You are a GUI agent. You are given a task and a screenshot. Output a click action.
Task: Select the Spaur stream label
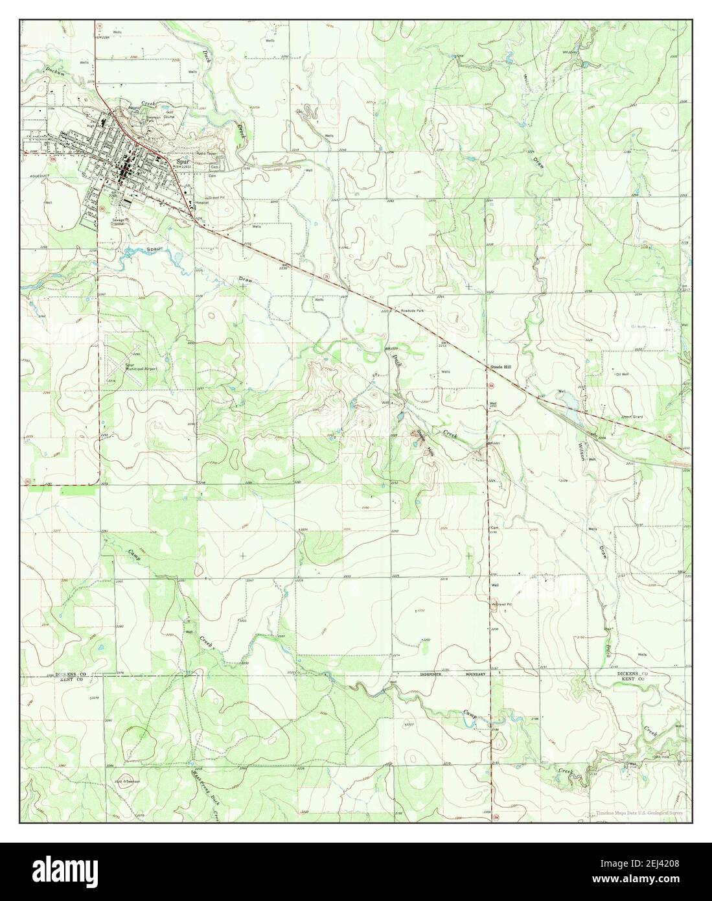pyautogui.click(x=152, y=249)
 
